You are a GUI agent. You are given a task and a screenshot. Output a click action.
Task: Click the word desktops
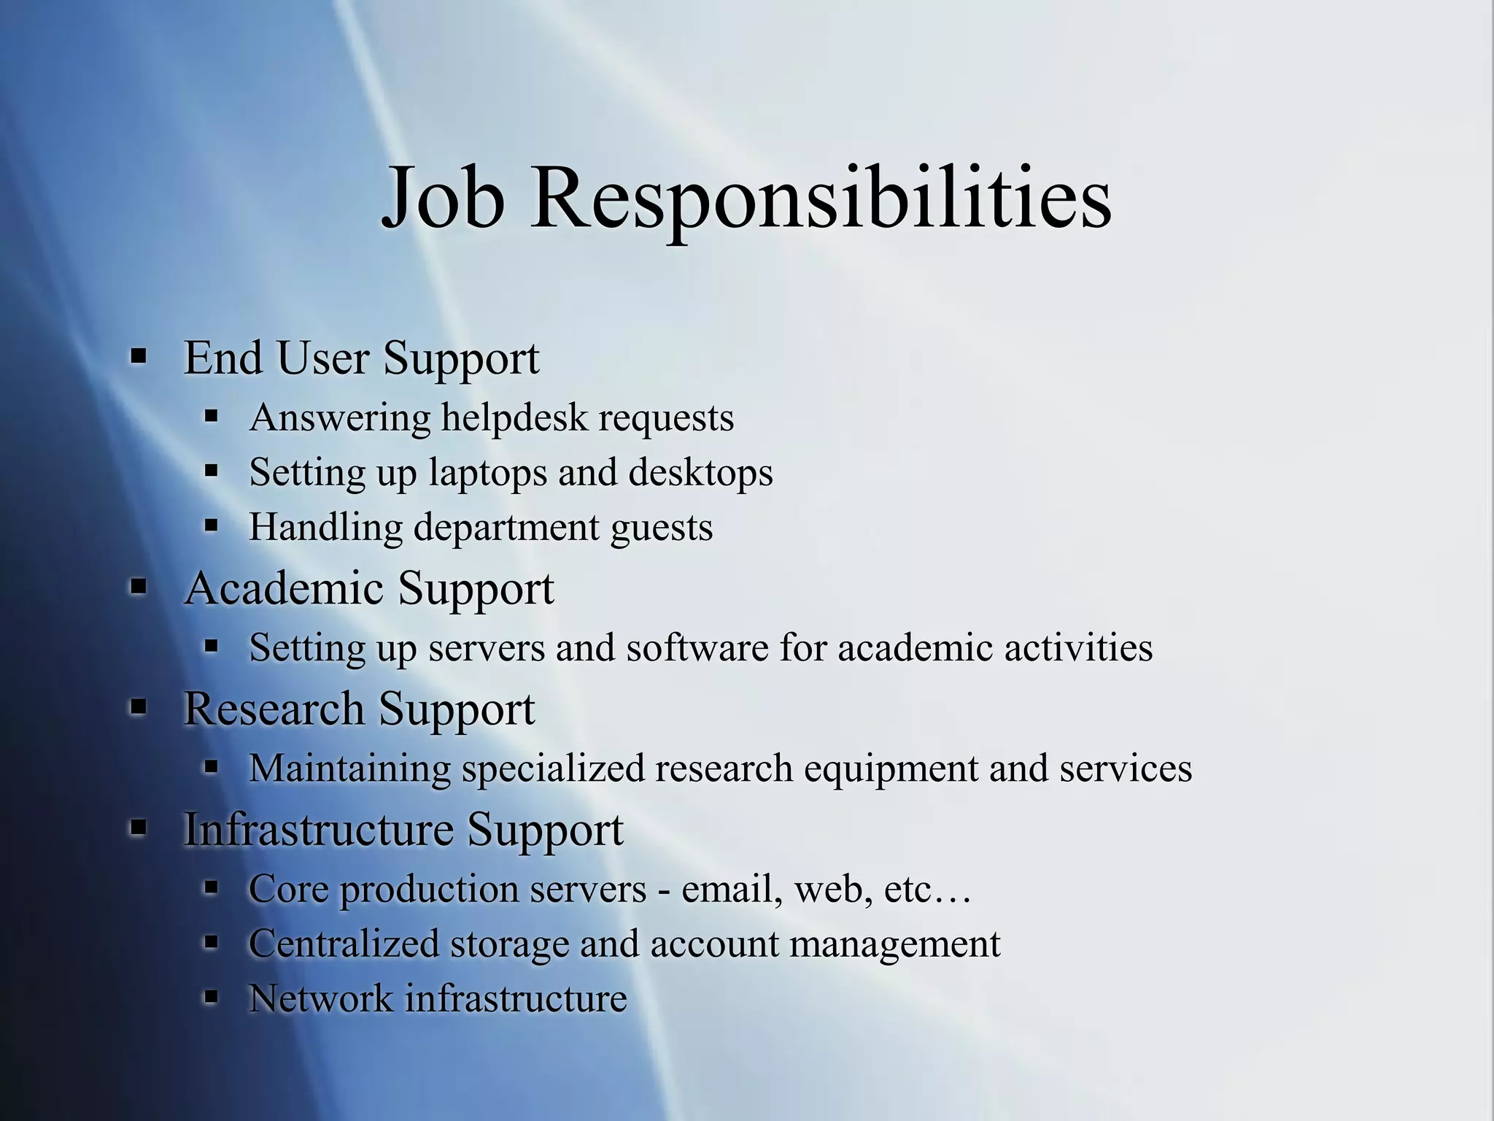[700, 472]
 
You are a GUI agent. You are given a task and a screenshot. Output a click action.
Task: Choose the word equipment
[891, 769]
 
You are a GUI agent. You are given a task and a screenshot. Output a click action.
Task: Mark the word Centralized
[344, 943]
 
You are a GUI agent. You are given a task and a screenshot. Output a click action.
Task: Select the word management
[894, 944]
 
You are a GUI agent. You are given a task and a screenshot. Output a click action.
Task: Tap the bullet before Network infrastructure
[212, 997]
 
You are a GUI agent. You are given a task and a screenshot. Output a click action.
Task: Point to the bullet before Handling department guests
[212, 525]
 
